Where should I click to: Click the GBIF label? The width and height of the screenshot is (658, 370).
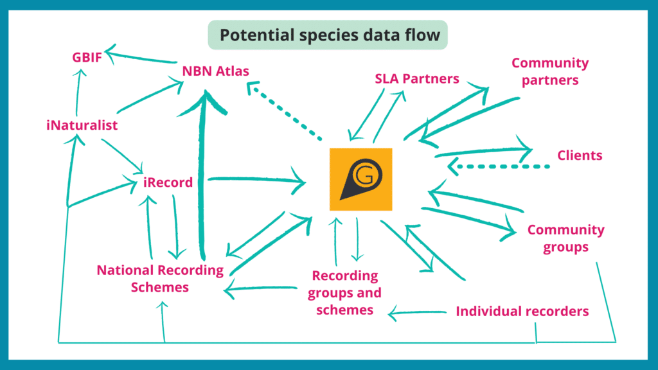[87, 57]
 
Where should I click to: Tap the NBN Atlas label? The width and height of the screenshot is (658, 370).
[215, 71]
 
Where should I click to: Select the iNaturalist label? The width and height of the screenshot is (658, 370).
[82, 125]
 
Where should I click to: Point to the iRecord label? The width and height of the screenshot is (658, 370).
[168, 182]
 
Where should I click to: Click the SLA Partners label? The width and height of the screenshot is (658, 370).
[416, 78]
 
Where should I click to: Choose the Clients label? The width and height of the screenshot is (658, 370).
[580, 155]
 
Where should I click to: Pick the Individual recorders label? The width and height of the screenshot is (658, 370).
[522, 312]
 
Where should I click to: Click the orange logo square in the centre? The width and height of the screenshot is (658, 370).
[361, 179]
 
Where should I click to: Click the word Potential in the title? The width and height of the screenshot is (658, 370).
[257, 35]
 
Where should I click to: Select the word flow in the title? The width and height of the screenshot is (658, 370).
[423, 35]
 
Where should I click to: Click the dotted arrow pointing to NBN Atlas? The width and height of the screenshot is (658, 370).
[285, 110]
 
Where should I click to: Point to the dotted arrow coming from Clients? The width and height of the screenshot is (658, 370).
[499, 166]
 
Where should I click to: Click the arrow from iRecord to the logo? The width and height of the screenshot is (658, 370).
[257, 180]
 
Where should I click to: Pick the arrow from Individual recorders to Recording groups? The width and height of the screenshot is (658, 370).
[417, 313]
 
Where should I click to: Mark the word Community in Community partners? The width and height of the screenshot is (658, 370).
[550, 63]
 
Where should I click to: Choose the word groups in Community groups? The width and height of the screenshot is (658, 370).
[565, 247]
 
